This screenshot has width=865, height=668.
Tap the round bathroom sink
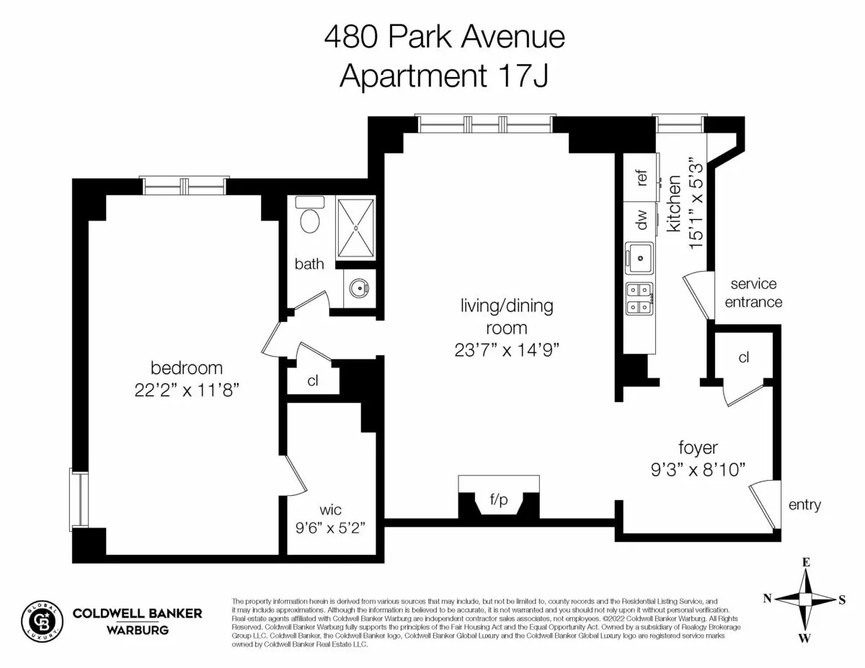click(x=358, y=289)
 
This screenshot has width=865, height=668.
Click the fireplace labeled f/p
click(x=499, y=499)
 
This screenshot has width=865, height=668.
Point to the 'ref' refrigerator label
click(x=642, y=178)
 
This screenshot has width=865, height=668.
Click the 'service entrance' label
click(x=753, y=293)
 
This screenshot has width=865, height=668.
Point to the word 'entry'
click(x=804, y=505)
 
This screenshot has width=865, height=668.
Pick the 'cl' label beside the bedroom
click(x=313, y=381)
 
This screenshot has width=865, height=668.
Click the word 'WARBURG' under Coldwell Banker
click(x=137, y=631)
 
